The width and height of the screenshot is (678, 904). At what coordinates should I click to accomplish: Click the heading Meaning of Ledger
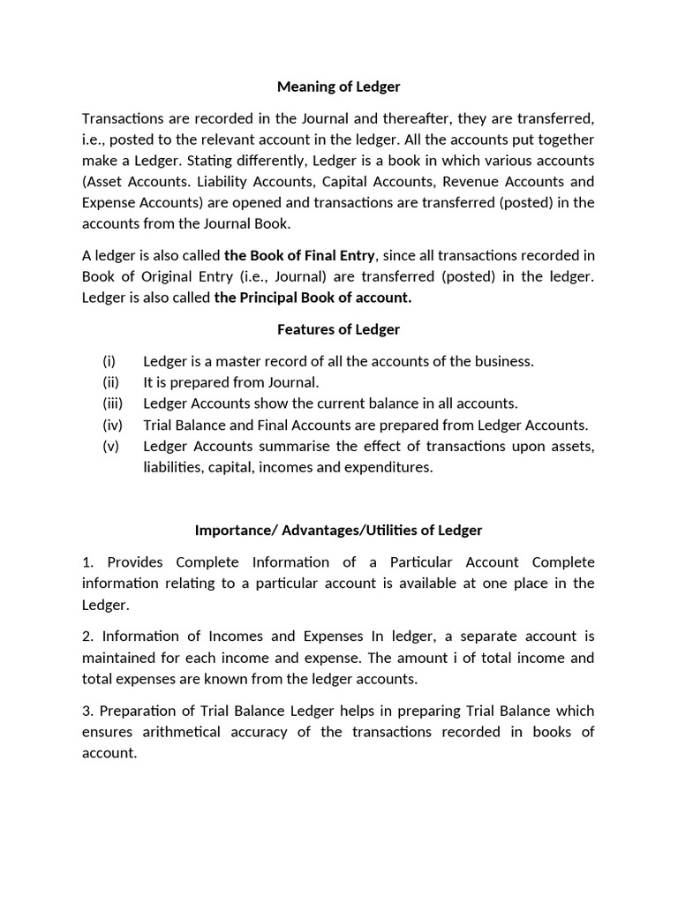[338, 87]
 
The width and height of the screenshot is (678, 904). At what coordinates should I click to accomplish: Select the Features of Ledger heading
[338, 329]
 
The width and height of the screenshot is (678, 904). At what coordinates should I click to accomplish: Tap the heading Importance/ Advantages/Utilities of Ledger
[338, 531]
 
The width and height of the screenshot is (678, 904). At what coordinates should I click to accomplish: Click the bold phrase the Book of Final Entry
[300, 256]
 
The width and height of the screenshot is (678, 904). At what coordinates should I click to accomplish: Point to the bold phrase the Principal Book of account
[313, 298]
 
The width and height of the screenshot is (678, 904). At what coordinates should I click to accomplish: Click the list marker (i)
[109, 361]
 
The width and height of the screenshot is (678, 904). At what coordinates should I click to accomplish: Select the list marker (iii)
[112, 403]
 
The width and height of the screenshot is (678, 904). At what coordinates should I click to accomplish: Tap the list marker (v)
[110, 446]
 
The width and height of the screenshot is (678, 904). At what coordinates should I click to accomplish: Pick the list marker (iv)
[112, 425]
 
